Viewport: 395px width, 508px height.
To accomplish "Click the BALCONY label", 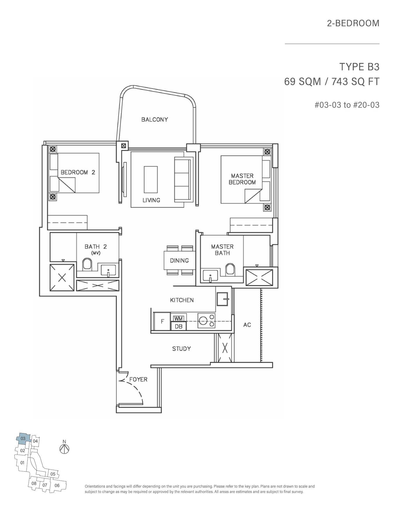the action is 154,119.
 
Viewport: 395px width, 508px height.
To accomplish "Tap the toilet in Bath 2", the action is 87,264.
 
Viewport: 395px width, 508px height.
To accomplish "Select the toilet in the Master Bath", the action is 230,269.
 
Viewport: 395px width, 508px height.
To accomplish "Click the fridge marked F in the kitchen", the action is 162,321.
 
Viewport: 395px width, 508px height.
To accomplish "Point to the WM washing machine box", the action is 178,319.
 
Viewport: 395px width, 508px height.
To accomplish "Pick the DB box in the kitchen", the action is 179,327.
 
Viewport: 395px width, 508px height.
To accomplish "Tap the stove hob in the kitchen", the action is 206,321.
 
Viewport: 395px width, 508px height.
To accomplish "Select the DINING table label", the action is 179,260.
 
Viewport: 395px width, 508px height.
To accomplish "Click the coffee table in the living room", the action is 151,179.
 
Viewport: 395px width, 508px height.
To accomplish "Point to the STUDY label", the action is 181,349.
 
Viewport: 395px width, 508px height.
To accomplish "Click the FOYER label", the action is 138,379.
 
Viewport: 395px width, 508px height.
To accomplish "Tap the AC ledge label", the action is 247,325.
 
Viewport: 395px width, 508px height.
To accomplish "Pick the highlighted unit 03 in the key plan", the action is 23,439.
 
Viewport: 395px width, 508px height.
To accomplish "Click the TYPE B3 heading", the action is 359,67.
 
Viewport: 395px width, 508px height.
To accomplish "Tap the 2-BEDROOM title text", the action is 353,23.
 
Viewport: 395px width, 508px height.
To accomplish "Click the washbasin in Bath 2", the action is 108,270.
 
